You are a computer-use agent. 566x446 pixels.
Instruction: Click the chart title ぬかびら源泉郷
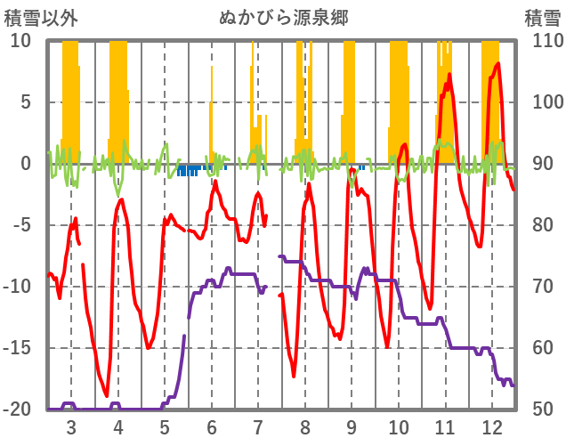[x=283, y=17]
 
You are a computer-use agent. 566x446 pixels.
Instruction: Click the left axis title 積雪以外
[x=36, y=17]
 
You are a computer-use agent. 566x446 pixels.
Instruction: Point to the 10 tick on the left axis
[x=20, y=41]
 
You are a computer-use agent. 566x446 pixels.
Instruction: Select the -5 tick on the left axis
[x=20, y=225]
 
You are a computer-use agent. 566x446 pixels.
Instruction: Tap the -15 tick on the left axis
[x=19, y=348]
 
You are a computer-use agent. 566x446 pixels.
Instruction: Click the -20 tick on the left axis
[x=19, y=410]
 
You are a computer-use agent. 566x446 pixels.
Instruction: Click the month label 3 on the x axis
[x=71, y=427]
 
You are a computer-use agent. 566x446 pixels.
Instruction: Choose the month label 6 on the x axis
[x=212, y=427]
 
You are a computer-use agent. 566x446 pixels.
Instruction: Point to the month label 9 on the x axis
[x=352, y=427]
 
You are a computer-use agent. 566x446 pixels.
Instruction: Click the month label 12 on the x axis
[x=492, y=427]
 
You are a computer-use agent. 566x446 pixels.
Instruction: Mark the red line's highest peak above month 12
[x=497, y=63]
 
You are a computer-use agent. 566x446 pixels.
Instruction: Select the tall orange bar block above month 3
[x=70, y=98]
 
